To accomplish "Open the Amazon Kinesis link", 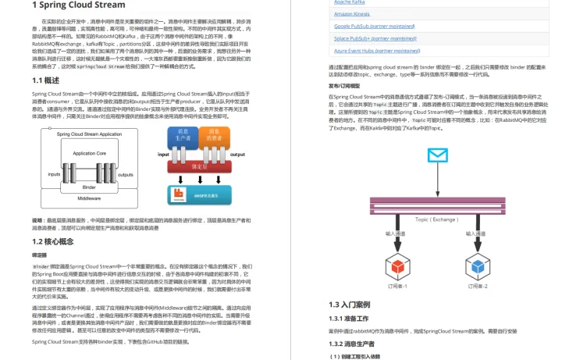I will click(355, 13).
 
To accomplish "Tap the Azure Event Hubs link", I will click(375, 50).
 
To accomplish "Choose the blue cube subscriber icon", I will click(476, 263).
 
